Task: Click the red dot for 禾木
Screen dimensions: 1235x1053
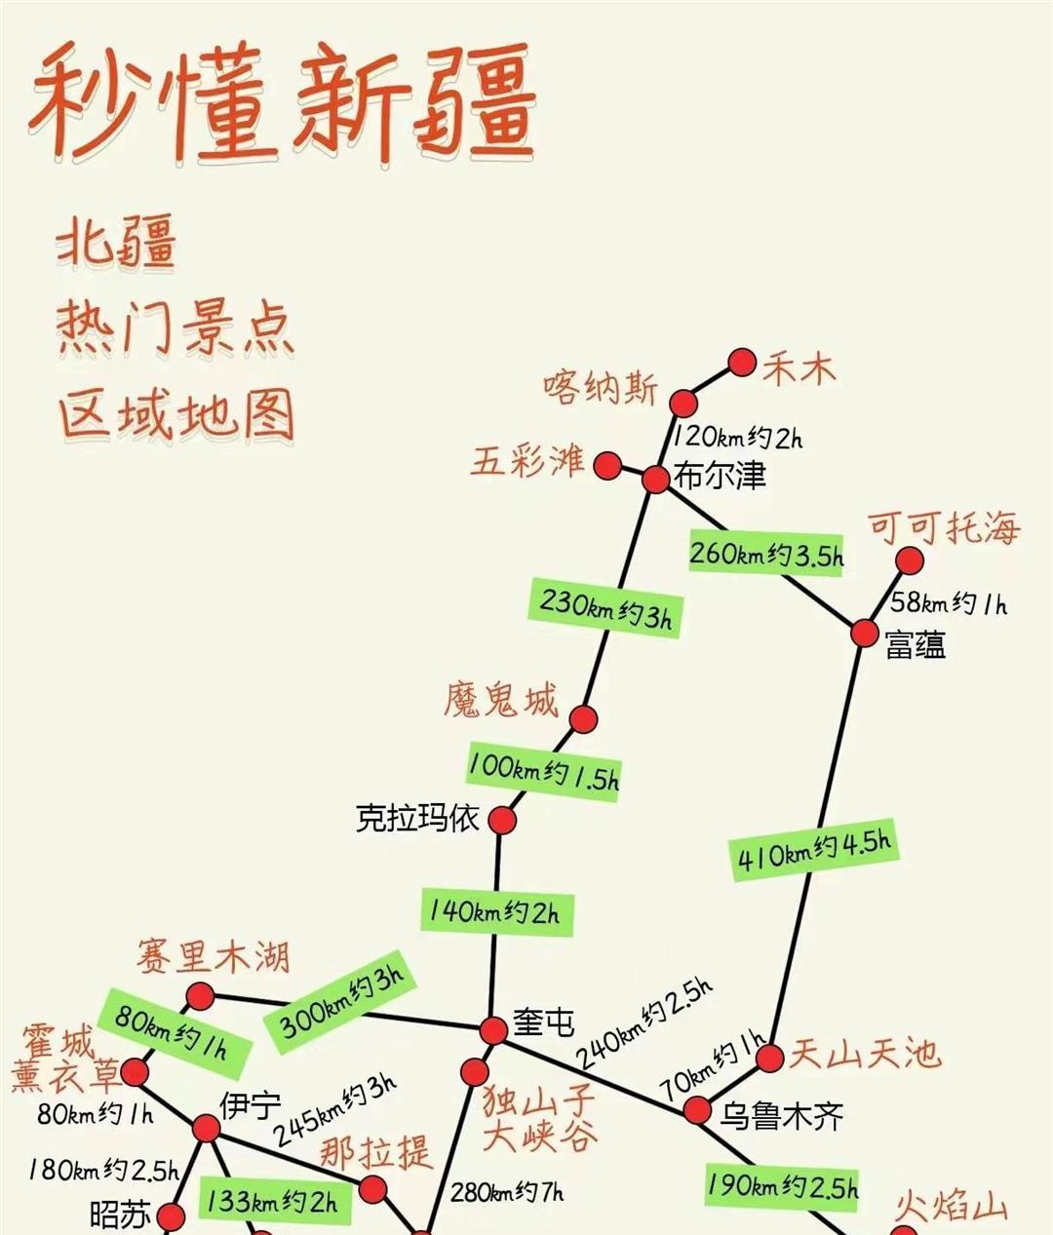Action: (743, 363)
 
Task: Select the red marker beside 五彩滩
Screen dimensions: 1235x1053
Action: (609, 465)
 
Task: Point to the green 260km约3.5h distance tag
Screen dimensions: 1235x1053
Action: (766, 554)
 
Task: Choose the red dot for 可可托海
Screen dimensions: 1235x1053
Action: (909, 560)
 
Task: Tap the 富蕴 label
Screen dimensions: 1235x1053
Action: (916, 644)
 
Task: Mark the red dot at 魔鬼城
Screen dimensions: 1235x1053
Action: (583, 719)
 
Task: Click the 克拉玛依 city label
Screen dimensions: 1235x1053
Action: (417, 819)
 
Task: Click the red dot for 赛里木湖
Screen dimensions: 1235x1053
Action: (200, 996)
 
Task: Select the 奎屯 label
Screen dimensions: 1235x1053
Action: (543, 1023)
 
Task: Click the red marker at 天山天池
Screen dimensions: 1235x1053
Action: (770, 1058)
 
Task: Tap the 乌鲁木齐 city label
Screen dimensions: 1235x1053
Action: (781, 1115)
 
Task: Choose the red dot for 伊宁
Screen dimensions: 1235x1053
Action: (206, 1129)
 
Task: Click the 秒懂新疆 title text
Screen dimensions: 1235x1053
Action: (283, 102)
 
